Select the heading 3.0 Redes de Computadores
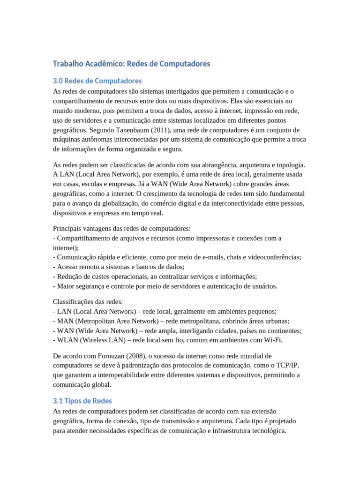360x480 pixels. pyautogui.click(x=97, y=81)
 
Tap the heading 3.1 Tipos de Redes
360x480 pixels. pyautogui.click(x=82, y=401)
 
